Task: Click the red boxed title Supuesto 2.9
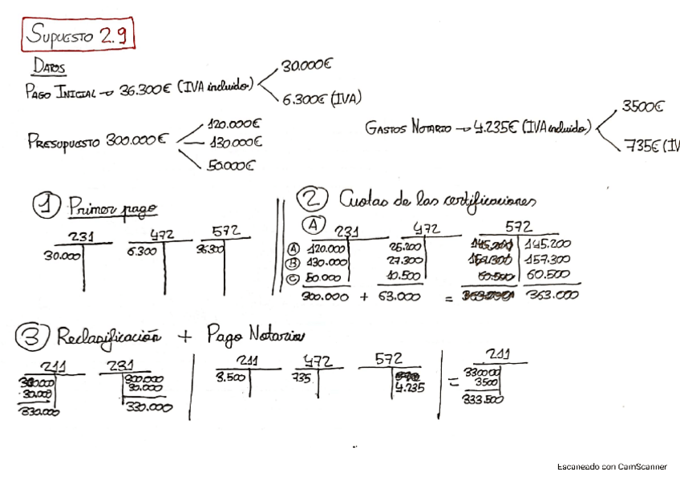pos(78,34)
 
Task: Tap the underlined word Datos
pos(50,67)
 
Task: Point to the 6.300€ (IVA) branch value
pos(321,99)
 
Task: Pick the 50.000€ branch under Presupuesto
pos(231,166)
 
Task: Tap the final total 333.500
pos(484,399)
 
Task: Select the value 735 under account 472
pos(303,377)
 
